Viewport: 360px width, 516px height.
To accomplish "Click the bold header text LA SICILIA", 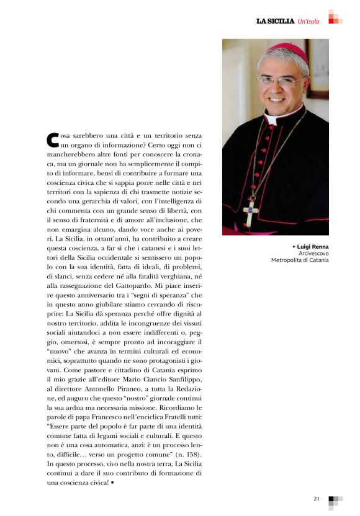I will (x=275, y=21).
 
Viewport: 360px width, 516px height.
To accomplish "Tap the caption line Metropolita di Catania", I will (x=300, y=260).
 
